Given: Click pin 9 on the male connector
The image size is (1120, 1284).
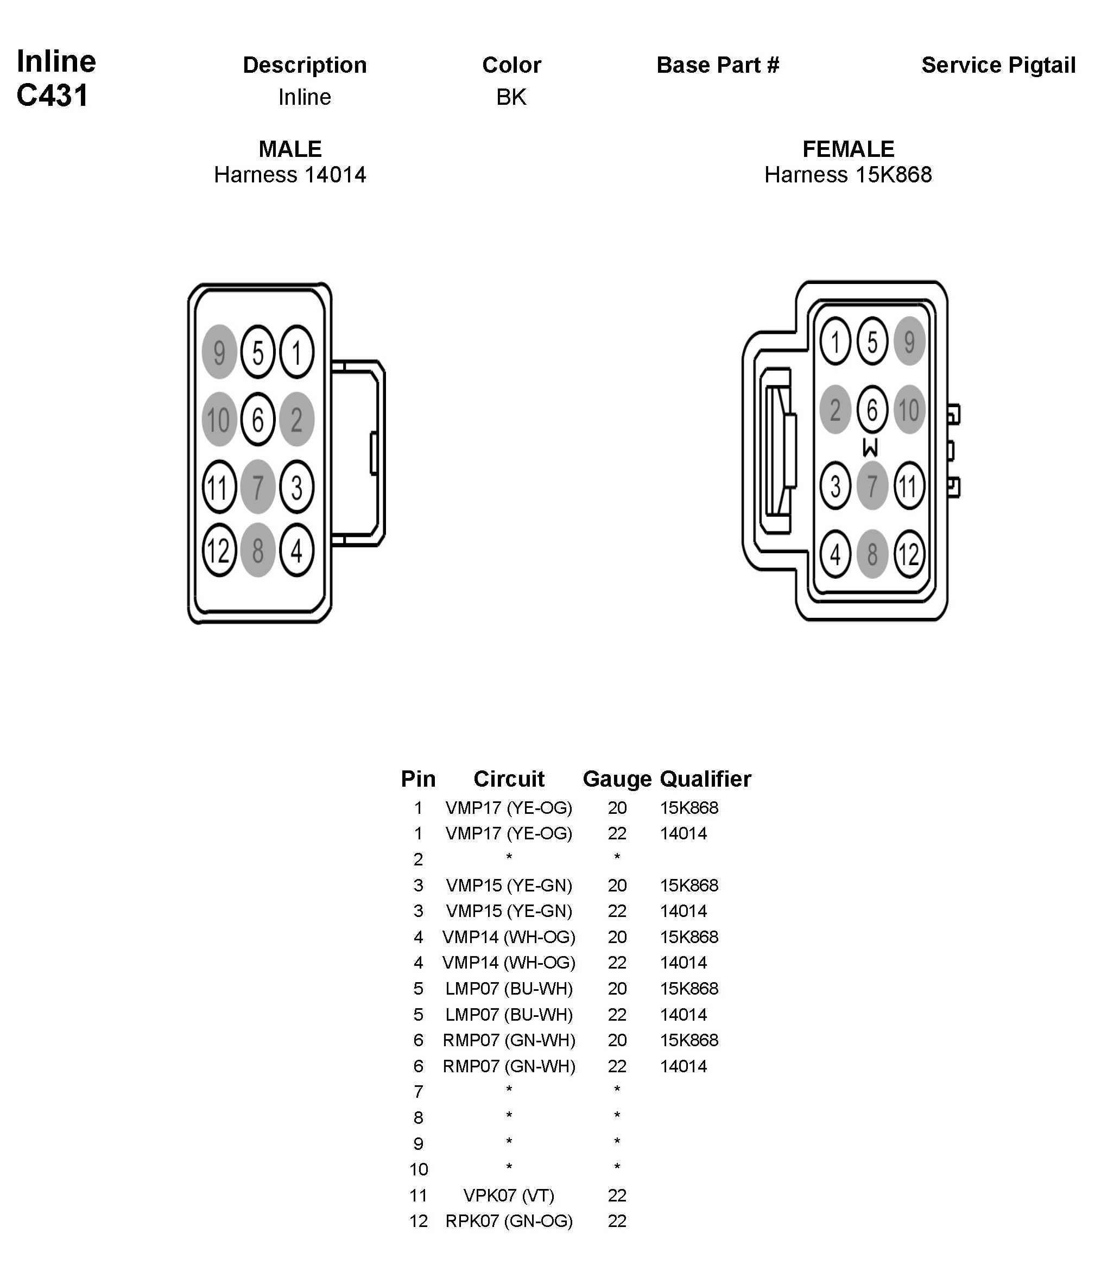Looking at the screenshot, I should click(x=219, y=352).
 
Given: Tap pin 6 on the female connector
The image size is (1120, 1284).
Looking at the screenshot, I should click(x=872, y=410).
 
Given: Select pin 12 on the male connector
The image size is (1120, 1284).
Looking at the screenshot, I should click(x=219, y=550).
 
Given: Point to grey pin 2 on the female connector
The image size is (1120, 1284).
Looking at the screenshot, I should click(x=835, y=410).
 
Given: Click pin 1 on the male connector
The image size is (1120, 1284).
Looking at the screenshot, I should click(x=296, y=352).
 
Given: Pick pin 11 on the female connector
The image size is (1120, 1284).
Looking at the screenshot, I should click(x=909, y=486).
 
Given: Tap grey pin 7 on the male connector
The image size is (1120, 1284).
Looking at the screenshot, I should click(x=257, y=486).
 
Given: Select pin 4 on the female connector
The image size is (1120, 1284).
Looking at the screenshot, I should click(x=835, y=554).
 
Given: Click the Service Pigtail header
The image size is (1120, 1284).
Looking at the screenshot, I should click(x=998, y=65).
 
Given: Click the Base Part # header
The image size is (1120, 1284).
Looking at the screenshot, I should click(x=718, y=65).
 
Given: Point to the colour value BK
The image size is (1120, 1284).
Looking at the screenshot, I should click(x=511, y=97).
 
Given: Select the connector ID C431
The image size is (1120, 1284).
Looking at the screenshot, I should click(x=53, y=96).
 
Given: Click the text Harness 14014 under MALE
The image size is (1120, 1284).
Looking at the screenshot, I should click(x=290, y=174).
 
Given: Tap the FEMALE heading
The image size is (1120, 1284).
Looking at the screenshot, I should click(x=848, y=149).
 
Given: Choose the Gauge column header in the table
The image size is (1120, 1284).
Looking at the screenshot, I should click(x=617, y=779).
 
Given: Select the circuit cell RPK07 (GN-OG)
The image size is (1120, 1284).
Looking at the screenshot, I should click(x=509, y=1222).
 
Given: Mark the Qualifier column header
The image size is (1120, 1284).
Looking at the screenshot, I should click(x=705, y=779).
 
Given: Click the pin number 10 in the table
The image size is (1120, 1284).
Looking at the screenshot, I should click(x=418, y=1169).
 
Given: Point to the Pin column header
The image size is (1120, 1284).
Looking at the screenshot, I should click(x=418, y=779).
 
